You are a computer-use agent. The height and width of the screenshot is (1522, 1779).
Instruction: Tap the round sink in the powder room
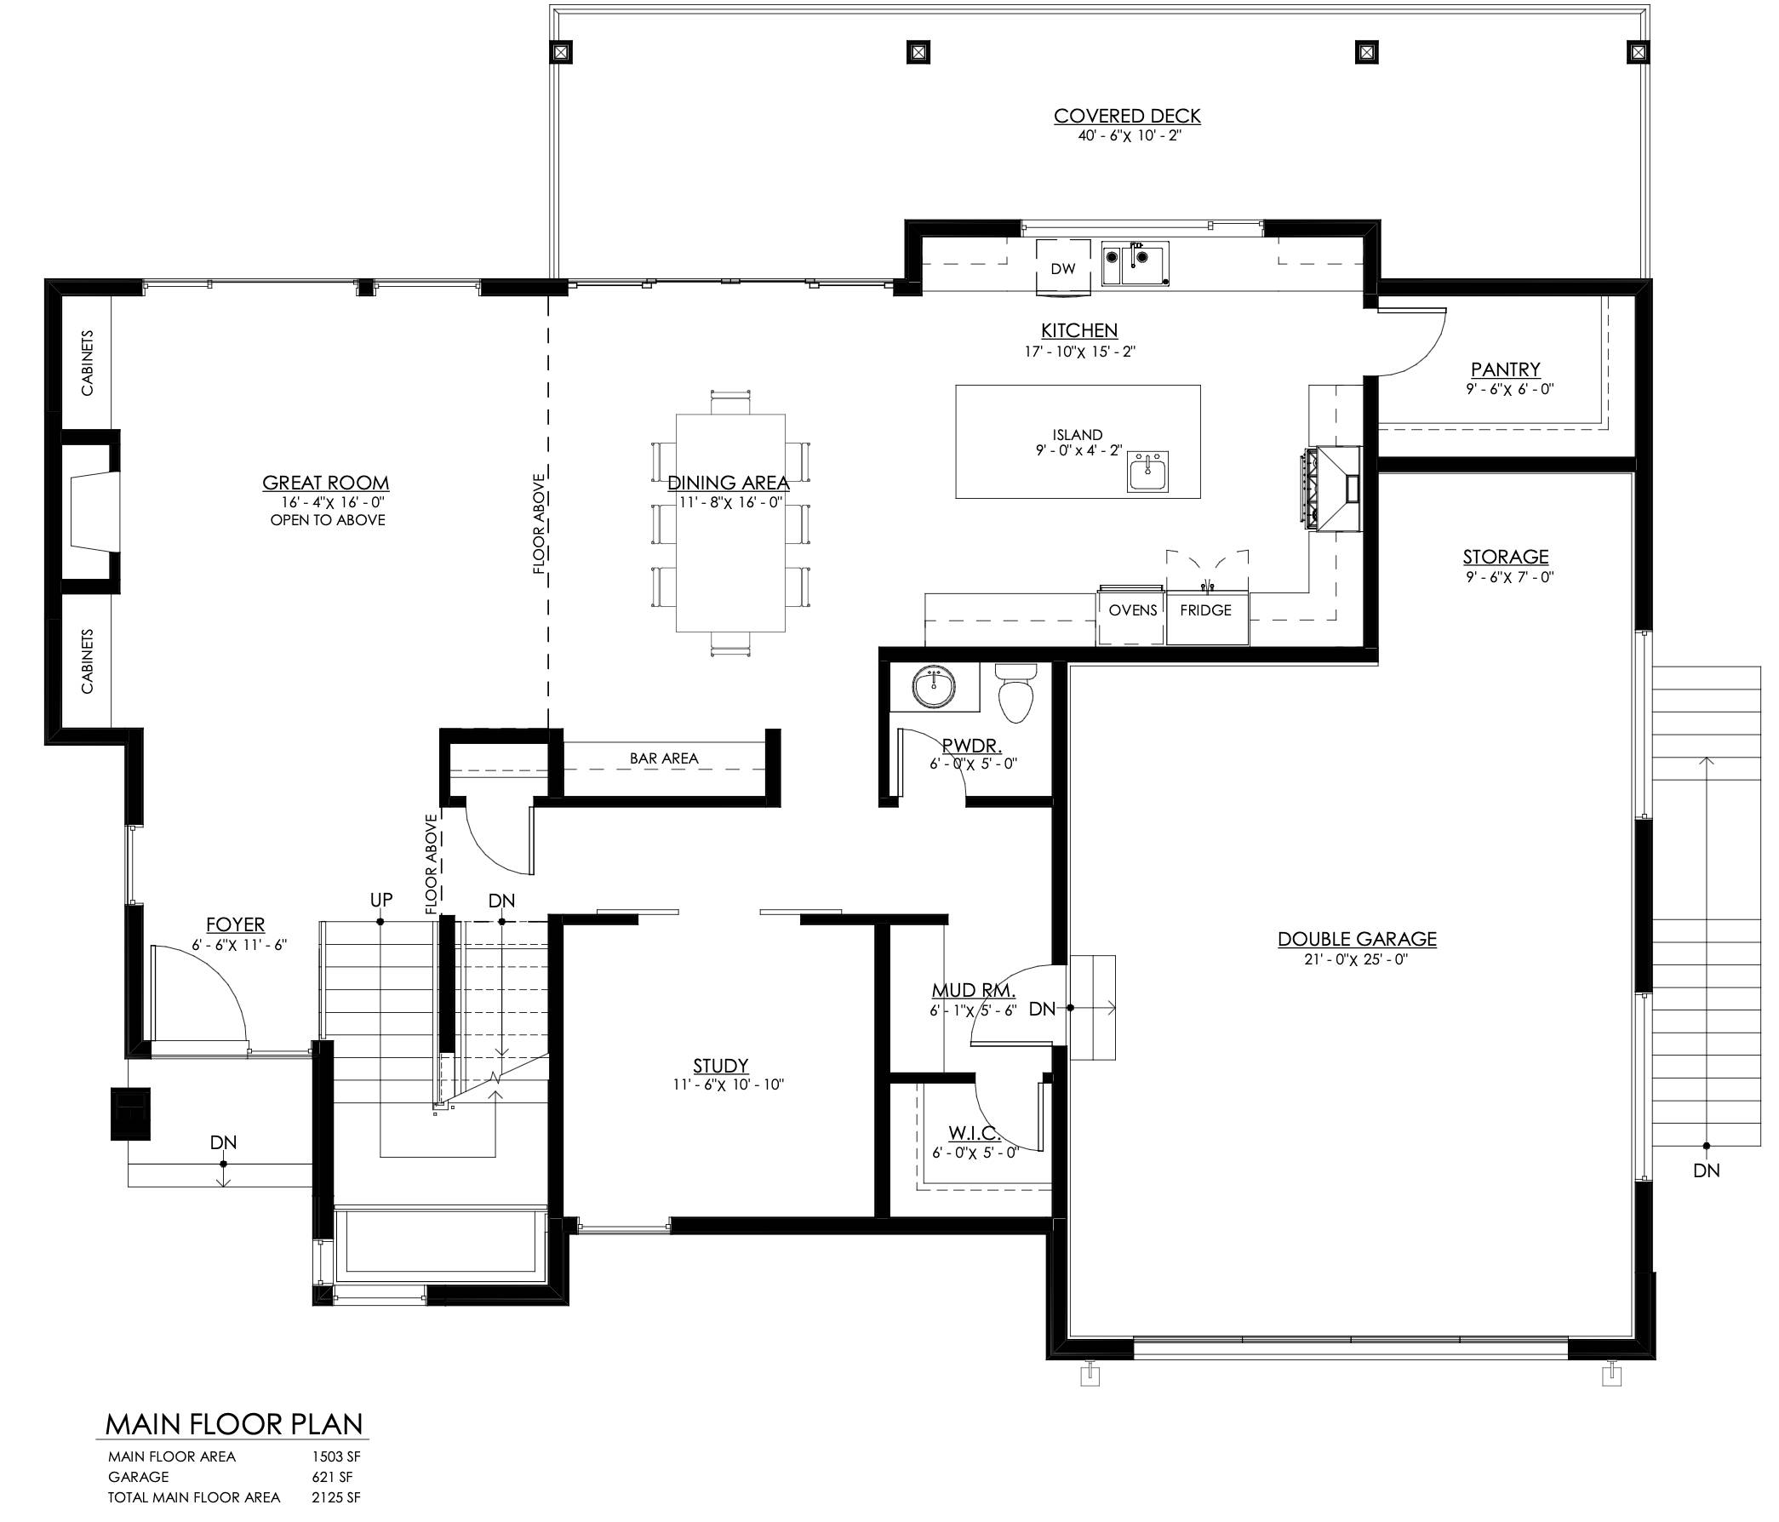(x=933, y=687)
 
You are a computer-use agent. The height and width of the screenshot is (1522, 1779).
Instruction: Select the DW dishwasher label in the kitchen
(x=1063, y=269)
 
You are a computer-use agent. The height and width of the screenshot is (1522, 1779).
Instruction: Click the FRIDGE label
(x=1205, y=610)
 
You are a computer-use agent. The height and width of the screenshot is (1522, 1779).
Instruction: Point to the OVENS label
(x=1133, y=610)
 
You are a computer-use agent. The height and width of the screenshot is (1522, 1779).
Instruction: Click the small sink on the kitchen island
(x=1148, y=472)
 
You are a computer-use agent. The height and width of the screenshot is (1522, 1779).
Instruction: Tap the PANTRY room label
(x=1505, y=369)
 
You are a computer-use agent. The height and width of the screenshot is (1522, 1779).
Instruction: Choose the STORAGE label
(x=1506, y=556)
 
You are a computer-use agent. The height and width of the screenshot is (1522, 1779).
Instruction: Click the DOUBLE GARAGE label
(x=1357, y=939)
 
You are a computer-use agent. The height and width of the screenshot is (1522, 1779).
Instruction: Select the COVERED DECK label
(x=1127, y=116)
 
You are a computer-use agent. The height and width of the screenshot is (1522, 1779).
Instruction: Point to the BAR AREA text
(x=664, y=758)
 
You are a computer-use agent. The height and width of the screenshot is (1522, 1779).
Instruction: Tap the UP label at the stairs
(x=381, y=900)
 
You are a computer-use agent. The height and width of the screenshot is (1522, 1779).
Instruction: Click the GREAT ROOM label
(x=325, y=483)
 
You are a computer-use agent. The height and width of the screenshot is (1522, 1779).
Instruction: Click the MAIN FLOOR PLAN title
(x=233, y=1424)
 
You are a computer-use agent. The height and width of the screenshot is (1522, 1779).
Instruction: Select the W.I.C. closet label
(x=975, y=1133)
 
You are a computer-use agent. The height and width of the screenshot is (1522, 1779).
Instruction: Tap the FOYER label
(x=235, y=924)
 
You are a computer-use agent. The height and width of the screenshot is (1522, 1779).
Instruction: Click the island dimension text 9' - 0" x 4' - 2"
(x=1078, y=449)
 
